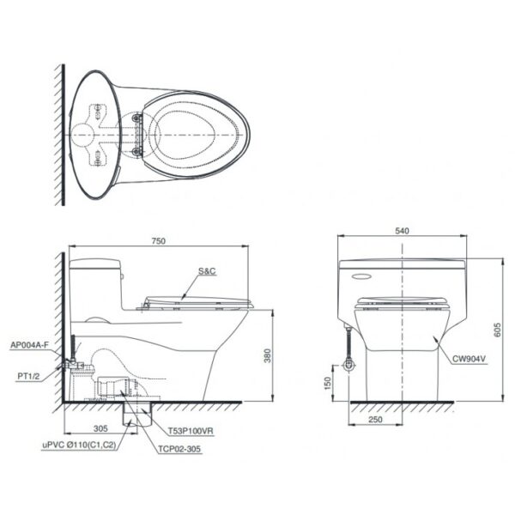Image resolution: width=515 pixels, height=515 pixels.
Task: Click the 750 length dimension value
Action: point(158,240)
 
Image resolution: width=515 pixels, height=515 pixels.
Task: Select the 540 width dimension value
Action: point(402,231)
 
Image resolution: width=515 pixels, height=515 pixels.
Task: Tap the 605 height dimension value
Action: point(497,330)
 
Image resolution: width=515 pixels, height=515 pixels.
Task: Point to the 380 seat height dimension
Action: point(268,355)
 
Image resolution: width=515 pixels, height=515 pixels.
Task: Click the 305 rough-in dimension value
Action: point(100,428)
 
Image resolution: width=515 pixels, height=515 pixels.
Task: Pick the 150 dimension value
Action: point(328,384)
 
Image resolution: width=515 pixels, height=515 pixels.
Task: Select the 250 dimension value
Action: point(375,420)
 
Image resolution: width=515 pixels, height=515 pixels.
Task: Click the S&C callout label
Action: point(207,271)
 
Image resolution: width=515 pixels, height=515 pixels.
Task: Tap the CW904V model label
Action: point(469,359)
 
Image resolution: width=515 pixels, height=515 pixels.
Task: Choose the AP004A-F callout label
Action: point(29,345)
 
